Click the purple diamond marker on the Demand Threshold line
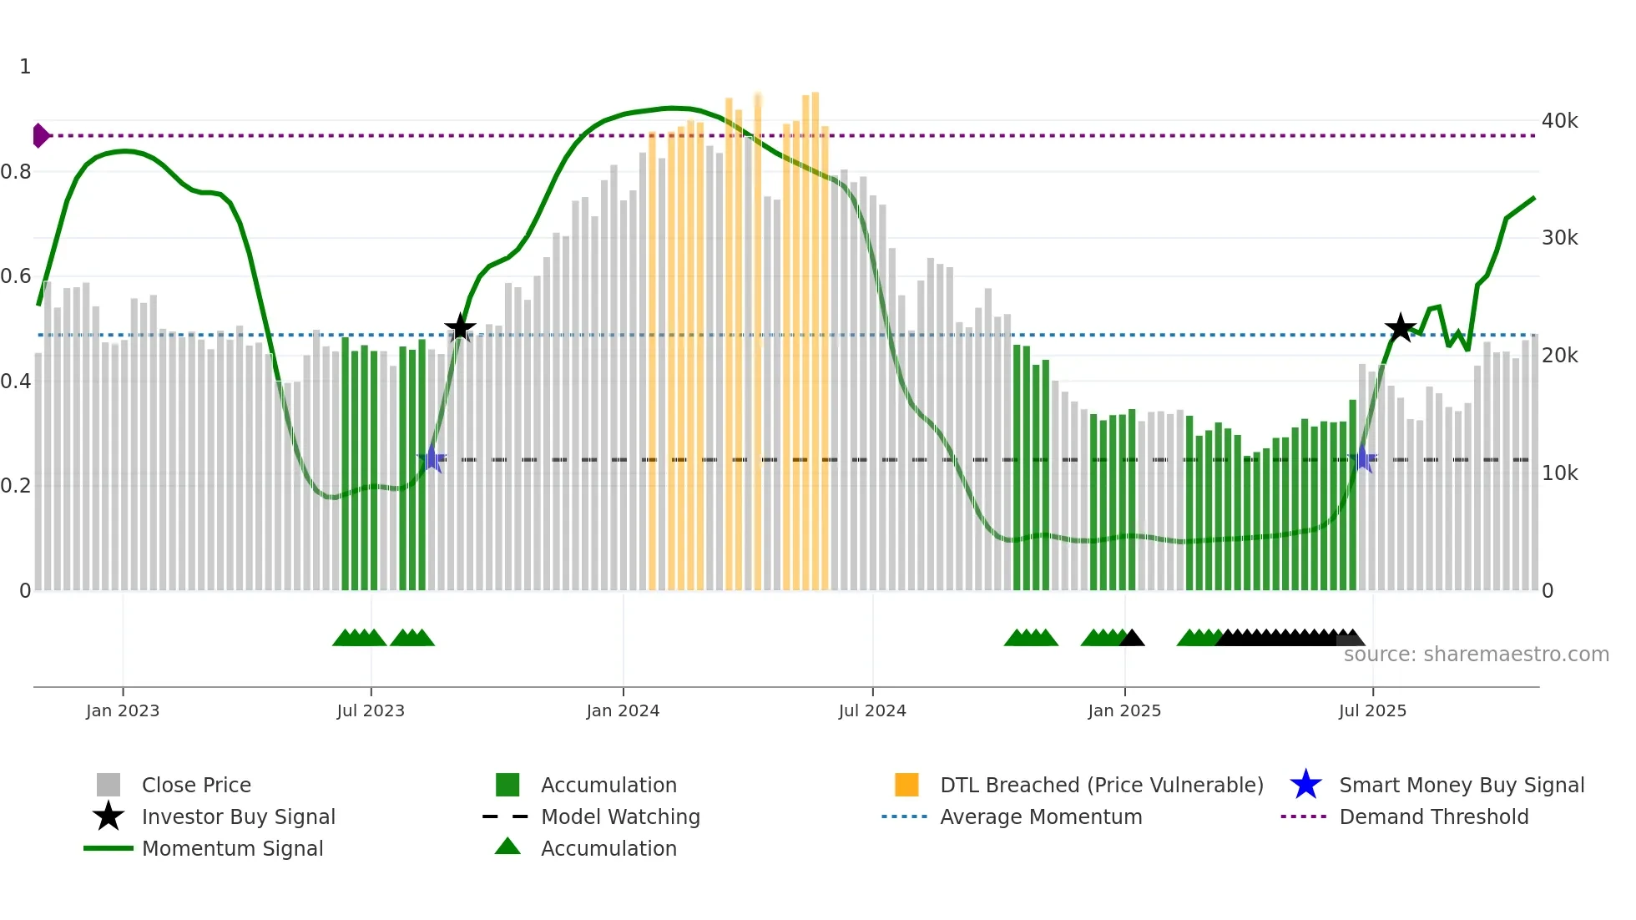coord(40,135)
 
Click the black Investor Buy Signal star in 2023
coord(460,327)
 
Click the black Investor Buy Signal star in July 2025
coord(1401,327)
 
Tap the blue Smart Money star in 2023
coord(432,458)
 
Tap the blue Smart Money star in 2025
coord(1363,458)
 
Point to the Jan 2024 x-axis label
coord(623,710)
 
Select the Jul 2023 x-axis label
coord(371,710)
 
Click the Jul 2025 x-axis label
coord(1372,710)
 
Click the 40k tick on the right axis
coord(1559,121)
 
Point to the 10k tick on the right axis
coord(1559,473)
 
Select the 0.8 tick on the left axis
coord(16,172)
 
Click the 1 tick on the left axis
coord(25,67)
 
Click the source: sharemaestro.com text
coord(1476,655)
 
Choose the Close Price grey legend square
coord(109,785)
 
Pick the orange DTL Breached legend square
coord(906,785)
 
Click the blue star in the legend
coord(1305,785)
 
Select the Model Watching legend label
coord(620,816)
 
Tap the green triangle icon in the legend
coord(507,847)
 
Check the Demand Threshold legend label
coord(1433,816)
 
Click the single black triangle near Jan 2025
coord(1132,639)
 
